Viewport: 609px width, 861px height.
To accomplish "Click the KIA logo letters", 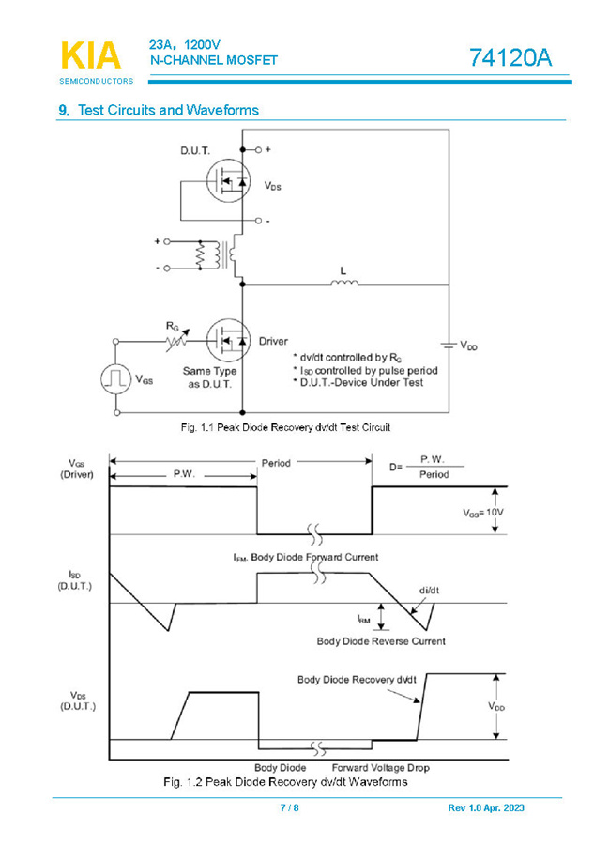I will (x=90, y=56).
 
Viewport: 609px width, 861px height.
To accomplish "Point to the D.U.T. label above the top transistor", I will (x=195, y=150).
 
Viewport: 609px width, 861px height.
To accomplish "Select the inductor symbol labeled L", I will (x=343, y=281).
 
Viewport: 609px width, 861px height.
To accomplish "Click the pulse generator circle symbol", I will (x=116, y=378).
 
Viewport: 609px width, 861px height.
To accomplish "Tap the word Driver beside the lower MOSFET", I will (x=273, y=341).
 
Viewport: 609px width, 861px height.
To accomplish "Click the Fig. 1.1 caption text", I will (x=285, y=427).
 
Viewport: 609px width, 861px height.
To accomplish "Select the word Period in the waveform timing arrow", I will (x=276, y=462).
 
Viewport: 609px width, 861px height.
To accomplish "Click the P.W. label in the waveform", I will (x=184, y=474).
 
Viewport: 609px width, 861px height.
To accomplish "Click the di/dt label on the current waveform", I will (x=429, y=589).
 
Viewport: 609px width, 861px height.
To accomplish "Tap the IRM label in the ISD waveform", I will (x=363, y=619).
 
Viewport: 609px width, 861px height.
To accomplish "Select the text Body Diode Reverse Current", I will (x=380, y=641).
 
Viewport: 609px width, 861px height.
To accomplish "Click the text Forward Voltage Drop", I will (x=381, y=767).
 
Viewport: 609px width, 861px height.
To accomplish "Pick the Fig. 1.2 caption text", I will (x=285, y=781).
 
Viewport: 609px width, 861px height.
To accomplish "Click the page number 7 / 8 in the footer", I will (x=289, y=808).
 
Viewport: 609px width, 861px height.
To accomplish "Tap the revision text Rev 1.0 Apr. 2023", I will (x=486, y=808).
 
